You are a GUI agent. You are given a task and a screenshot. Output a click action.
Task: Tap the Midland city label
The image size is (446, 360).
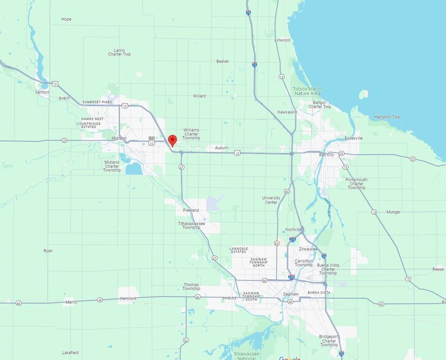coord(119,138)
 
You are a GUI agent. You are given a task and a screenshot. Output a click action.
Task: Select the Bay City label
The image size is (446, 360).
coord(327,155)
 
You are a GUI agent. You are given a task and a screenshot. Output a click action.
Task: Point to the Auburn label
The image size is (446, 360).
coord(221,148)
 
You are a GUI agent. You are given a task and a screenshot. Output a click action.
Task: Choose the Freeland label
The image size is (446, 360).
coord(191,210)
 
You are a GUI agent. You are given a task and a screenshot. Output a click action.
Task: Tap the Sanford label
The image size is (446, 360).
coord(42,92)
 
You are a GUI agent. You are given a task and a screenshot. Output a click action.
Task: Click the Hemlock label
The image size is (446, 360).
coord(129,298)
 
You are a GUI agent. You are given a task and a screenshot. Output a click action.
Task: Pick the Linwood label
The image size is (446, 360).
coord(282,40)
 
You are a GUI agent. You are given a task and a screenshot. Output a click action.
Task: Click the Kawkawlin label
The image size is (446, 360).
coord(287,112)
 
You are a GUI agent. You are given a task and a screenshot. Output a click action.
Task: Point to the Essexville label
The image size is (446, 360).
coord(353,138)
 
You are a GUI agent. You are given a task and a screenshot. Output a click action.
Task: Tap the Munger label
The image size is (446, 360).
coord(393,212)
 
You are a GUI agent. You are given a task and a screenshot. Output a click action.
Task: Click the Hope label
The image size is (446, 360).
coord(66,19)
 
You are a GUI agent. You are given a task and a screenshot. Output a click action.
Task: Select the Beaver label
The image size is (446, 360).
coord(222,61)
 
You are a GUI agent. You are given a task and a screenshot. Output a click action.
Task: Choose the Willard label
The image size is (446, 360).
coord(199,96)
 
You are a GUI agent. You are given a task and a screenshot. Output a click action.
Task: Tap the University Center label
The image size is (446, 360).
coord(271,200)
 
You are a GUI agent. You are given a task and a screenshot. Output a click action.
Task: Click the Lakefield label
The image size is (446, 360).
coord(70,353)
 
